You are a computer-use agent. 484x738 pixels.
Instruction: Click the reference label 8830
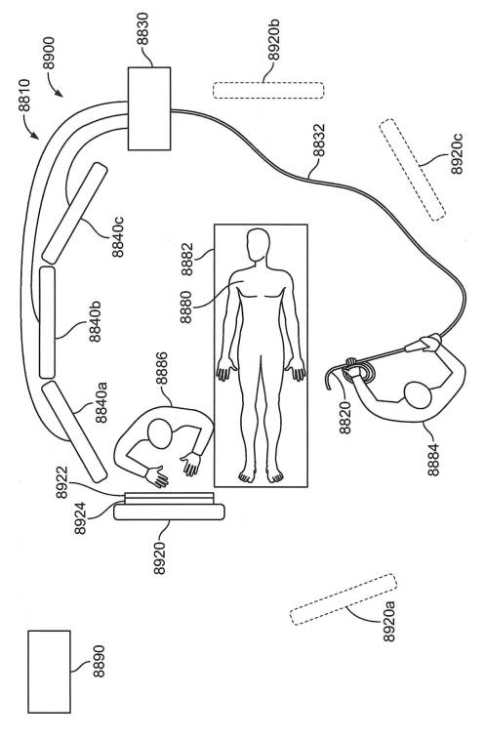pos(143,29)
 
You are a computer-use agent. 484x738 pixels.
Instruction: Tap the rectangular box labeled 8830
pos(149,108)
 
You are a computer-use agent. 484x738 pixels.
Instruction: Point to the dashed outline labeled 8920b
pos(268,91)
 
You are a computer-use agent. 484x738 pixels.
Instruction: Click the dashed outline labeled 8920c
pos(412,170)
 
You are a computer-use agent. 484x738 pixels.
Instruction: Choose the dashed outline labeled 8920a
pos(343,599)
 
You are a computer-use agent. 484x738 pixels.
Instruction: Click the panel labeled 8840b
pos(47,322)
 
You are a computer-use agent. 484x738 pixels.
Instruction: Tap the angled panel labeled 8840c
pos(74,213)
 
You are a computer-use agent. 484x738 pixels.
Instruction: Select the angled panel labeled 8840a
pos(74,431)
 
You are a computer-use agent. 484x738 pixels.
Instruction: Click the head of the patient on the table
pos(259,245)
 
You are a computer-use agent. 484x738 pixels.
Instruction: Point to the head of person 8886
pos(159,434)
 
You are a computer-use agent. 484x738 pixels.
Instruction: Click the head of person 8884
pos(418,395)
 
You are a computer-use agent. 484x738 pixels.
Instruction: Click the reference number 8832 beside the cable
pos(319,141)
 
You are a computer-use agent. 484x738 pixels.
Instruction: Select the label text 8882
pos(187,259)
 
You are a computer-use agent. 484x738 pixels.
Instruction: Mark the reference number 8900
pos(49,53)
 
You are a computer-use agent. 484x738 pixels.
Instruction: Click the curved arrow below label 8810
pos(30,126)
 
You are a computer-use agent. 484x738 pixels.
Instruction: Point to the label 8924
pos(80,518)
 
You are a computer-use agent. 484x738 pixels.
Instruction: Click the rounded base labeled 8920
pos(170,512)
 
